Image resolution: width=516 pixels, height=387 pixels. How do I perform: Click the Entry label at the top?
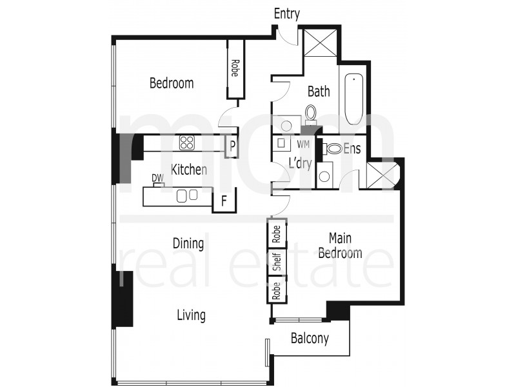tap(287, 14)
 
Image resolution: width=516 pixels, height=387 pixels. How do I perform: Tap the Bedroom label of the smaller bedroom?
tap(172, 83)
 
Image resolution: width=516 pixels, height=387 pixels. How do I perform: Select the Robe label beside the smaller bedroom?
tap(235, 69)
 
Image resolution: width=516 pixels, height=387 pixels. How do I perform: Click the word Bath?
tap(318, 92)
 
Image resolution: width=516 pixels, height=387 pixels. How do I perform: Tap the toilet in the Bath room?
tap(311, 114)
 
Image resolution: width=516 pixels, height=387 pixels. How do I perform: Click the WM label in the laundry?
tap(303, 144)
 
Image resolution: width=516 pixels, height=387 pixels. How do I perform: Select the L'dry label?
tap(299, 164)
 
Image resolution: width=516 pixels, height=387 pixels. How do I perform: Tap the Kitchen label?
tap(189, 170)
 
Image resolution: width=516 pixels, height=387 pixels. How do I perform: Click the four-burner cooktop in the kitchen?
tap(188, 143)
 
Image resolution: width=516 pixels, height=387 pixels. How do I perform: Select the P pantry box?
tap(231, 146)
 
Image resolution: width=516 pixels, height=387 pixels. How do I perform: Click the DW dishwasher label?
tap(157, 178)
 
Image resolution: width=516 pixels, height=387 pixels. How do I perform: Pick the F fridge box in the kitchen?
tap(224, 201)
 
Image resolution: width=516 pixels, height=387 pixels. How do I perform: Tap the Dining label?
tap(188, 244)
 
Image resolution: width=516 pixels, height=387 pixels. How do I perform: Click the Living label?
tap(192, 315)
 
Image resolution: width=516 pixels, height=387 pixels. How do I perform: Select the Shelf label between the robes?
tap(276, 262)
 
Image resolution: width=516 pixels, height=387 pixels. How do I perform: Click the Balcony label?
tap(310, 339)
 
